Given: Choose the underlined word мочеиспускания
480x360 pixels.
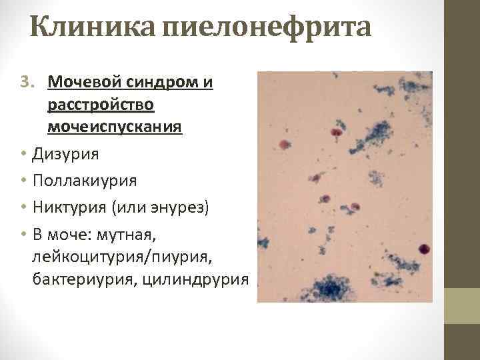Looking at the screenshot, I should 115,127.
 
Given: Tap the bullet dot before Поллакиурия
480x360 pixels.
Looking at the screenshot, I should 23,181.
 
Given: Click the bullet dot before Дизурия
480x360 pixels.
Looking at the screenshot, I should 23,154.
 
